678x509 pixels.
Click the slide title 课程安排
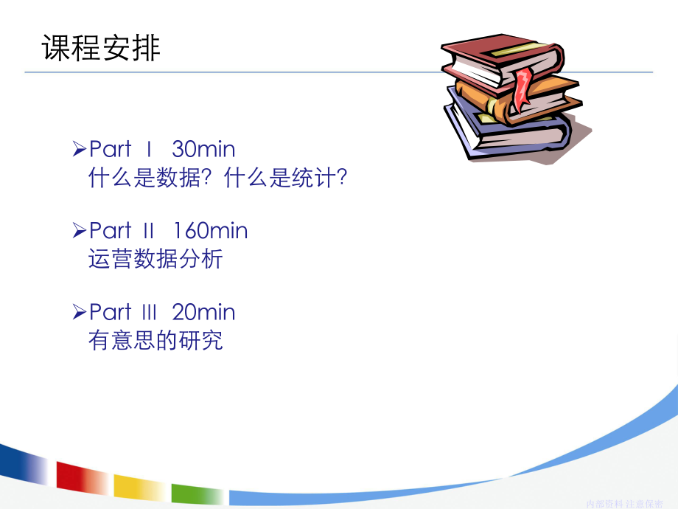(x=101, y=49)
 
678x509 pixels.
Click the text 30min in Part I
(x=203, y=150)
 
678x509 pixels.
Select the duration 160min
(x=211, y=231)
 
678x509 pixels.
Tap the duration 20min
(x=203, y=312)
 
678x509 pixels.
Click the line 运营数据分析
(x=155, y=260)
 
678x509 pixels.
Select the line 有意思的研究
(x=155, y=341)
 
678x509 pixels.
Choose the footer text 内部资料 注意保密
(x=624, y=503)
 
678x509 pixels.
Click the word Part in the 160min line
(x=110, y=231)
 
